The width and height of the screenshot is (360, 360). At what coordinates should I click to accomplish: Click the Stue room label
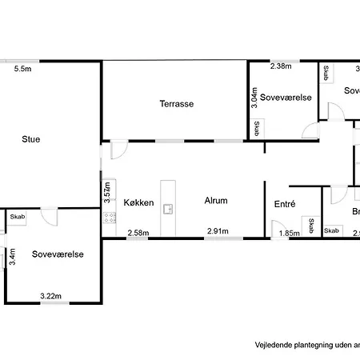pyautogui.click(x=31, y=139)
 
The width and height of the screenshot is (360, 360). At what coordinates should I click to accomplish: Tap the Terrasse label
pyautogui.click(x=177, y=104)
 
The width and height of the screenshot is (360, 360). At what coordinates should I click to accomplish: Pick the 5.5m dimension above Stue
pyautogui.click(x=22, y=70)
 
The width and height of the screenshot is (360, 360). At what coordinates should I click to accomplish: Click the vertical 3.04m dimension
pyautogui.click(x=254, y=98)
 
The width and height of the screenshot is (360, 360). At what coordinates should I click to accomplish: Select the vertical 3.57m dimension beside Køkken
pyautogui.click(x=107, y=193)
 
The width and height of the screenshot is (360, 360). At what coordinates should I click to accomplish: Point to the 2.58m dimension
pyautogui.click(x=138, y=233)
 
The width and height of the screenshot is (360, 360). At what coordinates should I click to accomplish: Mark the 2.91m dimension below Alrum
pyautogui.click(x=218, y=233)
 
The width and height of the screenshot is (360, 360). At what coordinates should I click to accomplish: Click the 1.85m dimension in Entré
pyautogui.click(x=289, y=233)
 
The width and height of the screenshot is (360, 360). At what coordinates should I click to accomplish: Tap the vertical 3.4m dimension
pyautogui.click(x=12, y=256)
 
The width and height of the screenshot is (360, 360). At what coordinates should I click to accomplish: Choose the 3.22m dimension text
pyautogui.click(x=51, y=297)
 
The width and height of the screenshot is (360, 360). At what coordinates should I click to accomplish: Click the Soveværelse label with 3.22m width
pyautogui.click(x=58, y=254)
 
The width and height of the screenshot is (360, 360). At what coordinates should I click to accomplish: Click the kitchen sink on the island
pyautogui.click(x=169, y=210)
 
